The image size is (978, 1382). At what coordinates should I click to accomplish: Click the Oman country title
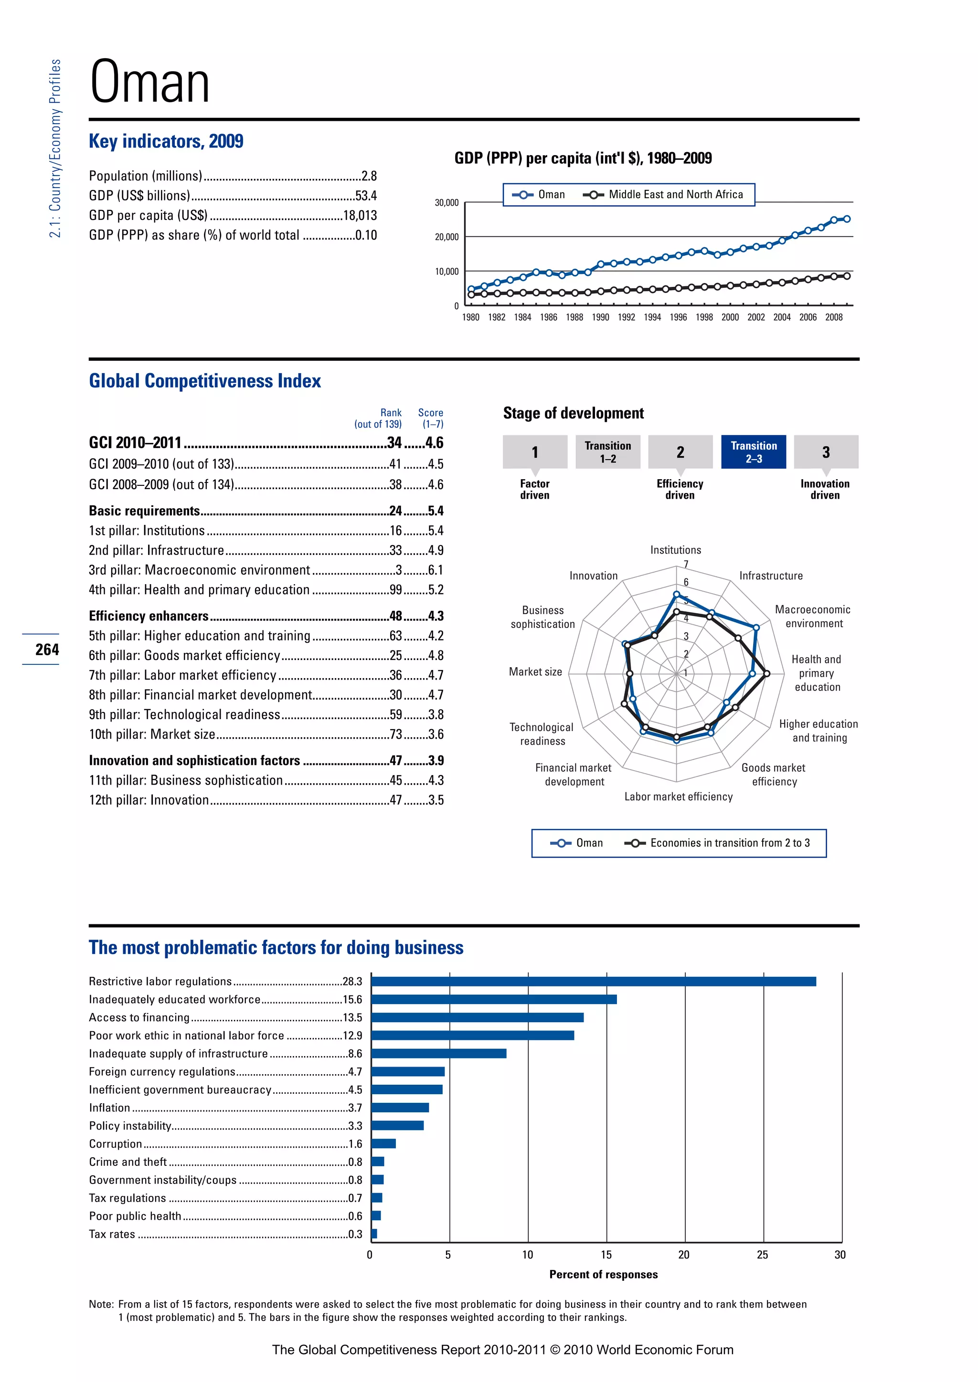pyautogui.click(x=149, y=82)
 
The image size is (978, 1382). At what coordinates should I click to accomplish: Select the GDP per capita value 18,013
pyautogui.click(x=360, y=216)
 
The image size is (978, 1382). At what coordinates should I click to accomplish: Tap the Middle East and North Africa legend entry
pyautogui.click(x=675, y=194)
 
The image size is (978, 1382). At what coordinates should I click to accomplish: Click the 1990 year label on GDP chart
pyautogui.click(x=600, y=317)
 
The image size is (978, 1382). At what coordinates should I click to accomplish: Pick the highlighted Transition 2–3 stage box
pyautogui.click(x=754, y=452)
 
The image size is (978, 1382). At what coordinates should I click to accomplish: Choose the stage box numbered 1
pyautogui.click(x=535, y=452)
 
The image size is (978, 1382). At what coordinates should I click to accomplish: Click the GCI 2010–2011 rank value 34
pyautogui.click(x=394, y=443)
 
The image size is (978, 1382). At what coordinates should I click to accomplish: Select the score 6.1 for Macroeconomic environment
pyautogui.click(x=436, y=570)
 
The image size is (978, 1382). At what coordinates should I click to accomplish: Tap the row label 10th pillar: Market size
pyautogui.click(x=152, y=734)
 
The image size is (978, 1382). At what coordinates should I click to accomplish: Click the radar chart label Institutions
pyautogui.click(x=675, y=550)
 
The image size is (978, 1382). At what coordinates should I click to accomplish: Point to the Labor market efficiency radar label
pyautogui.click(x=678, y=796)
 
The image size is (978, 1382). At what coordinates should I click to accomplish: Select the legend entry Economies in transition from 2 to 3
pyautogui.click(x=729, y=843)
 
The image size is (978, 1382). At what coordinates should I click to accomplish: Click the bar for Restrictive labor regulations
pyautogui.click(x=593, y=982)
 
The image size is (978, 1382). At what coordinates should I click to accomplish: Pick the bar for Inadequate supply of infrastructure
pyautogui.click(x=438, y=1053)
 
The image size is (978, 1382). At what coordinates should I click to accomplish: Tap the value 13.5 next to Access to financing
pyautogui.click(x=352, y=1017)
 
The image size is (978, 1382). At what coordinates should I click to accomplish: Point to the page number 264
pyautogui.click(x=47, y=649)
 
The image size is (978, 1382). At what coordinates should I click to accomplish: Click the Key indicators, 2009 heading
pyautogui.click(x=166, y=141)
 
